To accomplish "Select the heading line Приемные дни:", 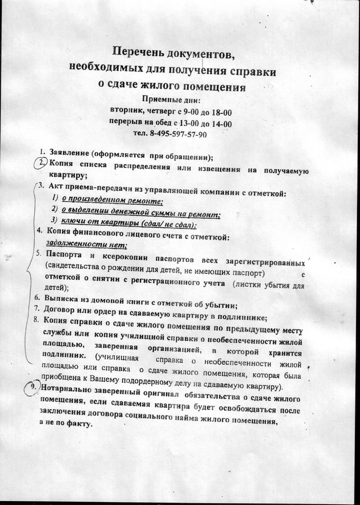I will click(x=171, y=98).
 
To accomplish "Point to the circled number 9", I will click(x=34, y=389).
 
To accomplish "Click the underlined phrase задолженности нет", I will click(x=86, y=245).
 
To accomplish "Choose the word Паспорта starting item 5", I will click(x=65, y=255).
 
